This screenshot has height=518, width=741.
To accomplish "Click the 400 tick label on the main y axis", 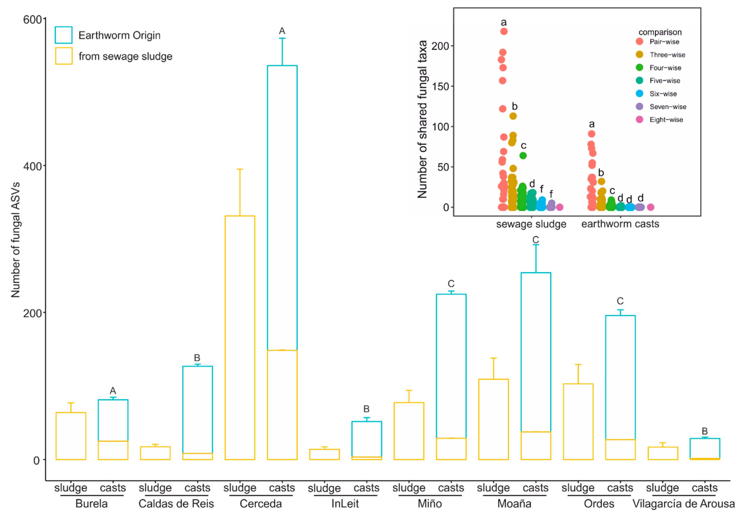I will pyautogui.click(x=32, y=166).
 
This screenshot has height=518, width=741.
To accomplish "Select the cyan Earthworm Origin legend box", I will pyautogui.click(x=64, y=35).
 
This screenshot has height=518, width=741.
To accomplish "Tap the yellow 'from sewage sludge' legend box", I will pyautogui.click(x=64, y=56).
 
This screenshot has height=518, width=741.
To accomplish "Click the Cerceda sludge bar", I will pyautogui.click(x=240, y=337).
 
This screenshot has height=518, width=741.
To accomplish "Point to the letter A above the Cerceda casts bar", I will pyautogui.click(x=282, y=31).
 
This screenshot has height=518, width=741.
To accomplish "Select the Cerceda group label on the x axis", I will pyautogui.click(x=260, y=503).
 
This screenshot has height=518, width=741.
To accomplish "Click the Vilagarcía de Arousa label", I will pyautogui.click(x=683, y=503).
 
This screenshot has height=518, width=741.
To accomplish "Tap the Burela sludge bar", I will pyautogui.click(x=71, y=436).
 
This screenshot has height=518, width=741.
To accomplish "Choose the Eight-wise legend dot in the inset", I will pyautogui.click(x=639, y=119).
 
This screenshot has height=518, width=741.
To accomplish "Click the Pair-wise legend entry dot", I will pyautogui.click(x=639, y=41).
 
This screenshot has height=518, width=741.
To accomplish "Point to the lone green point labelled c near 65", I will pyautogui.click(x=523, y=155).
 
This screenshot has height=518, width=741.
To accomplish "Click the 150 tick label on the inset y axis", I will pyautogui.click(x=440, y=87).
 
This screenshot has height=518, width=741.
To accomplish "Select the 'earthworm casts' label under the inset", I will pyautogui.click(x=620, y=224).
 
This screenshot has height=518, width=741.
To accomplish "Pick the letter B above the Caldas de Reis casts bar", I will pyautogui.click(x=197, y=358).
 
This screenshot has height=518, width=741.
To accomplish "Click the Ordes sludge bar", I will pyautogui.click(x=578, y=421).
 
